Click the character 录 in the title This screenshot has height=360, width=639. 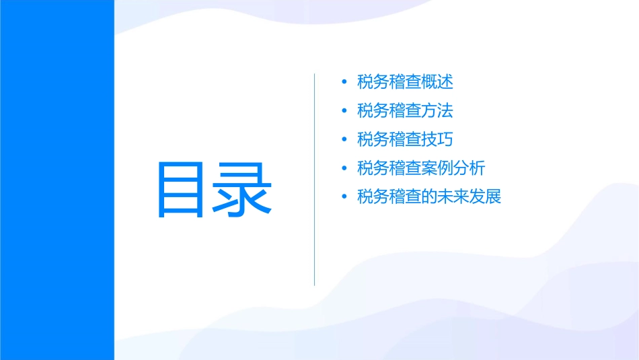[x=243, y=189]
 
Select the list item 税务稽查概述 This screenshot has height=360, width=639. [x=406, y=82]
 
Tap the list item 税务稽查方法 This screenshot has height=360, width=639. [x=406, y=110]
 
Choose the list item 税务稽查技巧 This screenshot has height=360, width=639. [x=406, y=139]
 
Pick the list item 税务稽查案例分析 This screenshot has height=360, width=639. [x=421, y=168]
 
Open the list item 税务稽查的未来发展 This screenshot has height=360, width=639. [x=429, y=197]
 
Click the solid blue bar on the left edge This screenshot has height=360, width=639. [x=57, y=180]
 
